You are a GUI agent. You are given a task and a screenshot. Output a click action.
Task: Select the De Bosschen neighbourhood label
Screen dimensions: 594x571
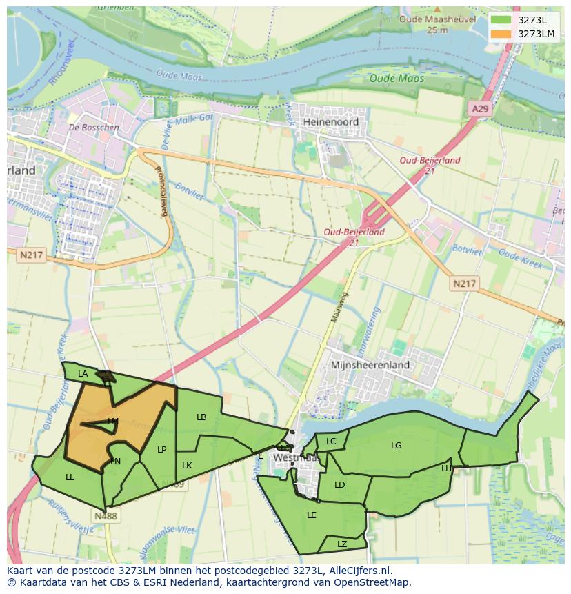click(94, 128)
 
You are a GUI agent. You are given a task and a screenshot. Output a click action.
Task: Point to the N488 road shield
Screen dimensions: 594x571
click(106, 515)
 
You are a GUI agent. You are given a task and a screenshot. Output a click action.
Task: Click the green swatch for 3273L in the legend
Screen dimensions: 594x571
click(501, 20)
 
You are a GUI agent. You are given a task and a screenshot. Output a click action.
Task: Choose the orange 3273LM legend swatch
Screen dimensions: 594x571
click(501, 34)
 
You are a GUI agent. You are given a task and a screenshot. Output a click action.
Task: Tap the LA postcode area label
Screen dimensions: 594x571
click(83, 374)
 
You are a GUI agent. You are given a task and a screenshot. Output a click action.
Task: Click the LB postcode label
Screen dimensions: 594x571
click(201, 417)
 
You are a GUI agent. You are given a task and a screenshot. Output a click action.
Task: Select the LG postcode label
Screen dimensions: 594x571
click(396, 446)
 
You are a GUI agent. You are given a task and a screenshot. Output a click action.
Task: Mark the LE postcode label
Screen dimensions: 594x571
click(312, 515)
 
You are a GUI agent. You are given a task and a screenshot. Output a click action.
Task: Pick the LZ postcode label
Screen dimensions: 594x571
click(342, 544)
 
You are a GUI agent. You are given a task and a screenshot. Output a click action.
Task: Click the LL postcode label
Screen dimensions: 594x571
click(70, 477)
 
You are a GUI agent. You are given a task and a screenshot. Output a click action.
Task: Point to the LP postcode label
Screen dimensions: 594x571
click(161, 450)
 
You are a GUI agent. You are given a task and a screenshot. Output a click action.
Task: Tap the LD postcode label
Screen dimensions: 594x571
click(339, 485)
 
